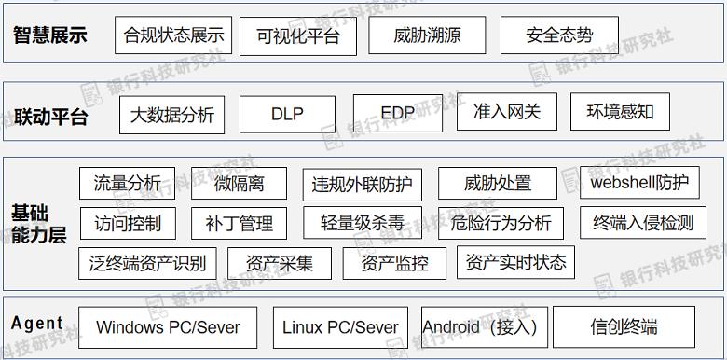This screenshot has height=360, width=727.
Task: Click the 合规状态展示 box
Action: pos(174,35)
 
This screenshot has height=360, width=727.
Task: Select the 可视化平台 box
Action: pos(298,36)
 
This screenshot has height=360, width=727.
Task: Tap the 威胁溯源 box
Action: pos(426,35)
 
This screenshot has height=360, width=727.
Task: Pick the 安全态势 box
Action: pos(558,35)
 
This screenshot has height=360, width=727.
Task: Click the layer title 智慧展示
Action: pos(50,35)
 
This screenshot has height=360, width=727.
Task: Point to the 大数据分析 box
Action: pos(171,115)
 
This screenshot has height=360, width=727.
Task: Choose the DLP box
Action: pos(287,114)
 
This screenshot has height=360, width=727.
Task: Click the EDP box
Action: pos(398,113)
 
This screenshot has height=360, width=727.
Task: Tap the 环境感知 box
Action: pos(620,112)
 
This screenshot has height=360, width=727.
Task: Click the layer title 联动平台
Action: pos(51,117)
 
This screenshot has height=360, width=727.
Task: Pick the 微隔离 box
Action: pos(239,184)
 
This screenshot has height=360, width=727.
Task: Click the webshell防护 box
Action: pos(639,183)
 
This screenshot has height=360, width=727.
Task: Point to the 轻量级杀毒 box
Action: pos(363,223)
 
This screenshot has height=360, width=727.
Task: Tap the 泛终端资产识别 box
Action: pos(147,263)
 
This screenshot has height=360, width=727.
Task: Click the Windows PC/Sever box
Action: pos(168,327)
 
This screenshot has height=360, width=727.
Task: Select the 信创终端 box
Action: pos(624,326)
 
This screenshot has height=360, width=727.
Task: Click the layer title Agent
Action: pos(37,324)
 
